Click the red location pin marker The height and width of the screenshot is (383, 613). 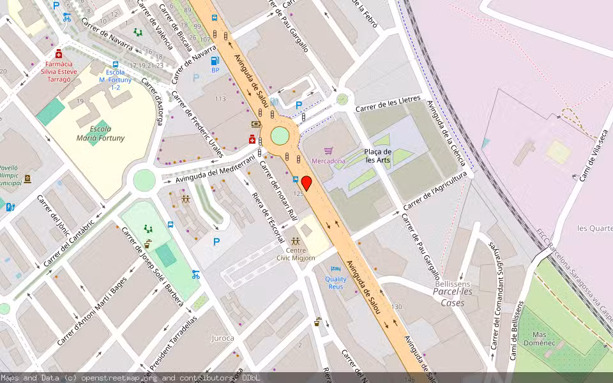point(306,183)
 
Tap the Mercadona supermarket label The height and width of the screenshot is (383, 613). point(328,161)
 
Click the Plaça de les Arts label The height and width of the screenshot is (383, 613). point(377,156)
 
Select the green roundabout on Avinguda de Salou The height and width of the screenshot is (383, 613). point(280,136)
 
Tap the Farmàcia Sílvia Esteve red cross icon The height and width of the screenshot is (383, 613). point(59,54)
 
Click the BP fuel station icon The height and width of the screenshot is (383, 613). point(215,61)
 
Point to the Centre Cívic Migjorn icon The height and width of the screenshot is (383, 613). point(295,242)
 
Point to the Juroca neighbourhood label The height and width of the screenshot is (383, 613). point(222,338)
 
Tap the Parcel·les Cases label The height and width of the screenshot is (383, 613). point(453,298)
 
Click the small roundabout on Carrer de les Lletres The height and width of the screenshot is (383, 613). point(343,99)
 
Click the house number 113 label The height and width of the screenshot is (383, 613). point(220,99)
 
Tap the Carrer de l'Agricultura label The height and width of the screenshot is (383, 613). point(436,190)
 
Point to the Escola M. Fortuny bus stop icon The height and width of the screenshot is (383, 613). point(115,64)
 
